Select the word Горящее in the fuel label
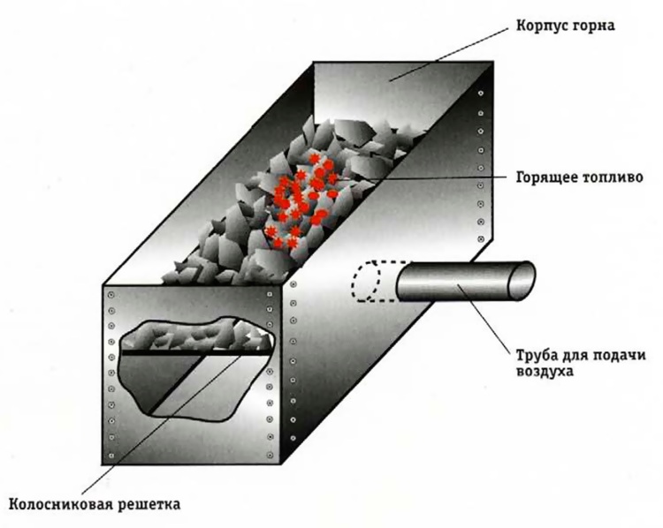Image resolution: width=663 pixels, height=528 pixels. [540, 175]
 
